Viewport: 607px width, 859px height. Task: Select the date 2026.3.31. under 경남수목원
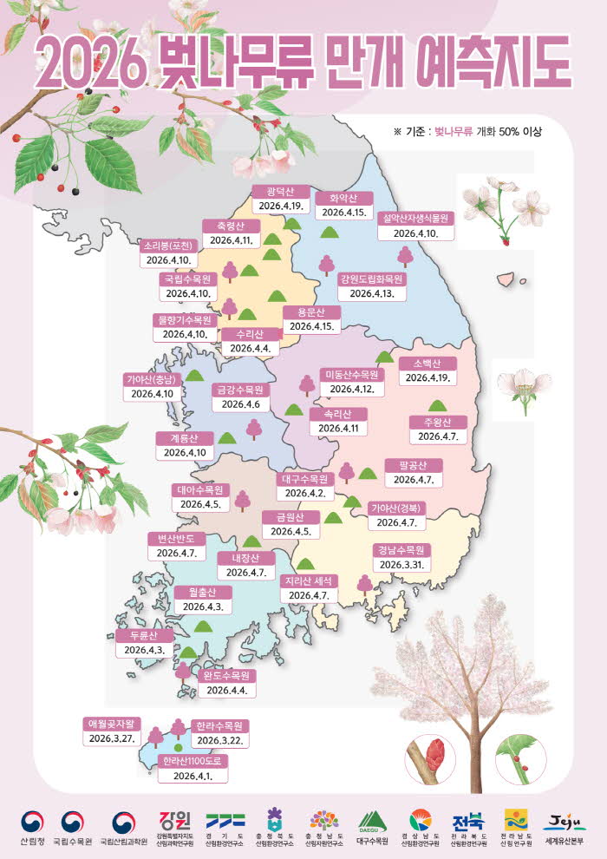403,564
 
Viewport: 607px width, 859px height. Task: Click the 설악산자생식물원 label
414,219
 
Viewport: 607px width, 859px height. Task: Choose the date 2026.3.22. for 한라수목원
219,740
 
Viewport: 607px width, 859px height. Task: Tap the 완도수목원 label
225,675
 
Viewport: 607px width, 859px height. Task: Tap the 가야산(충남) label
153,379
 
